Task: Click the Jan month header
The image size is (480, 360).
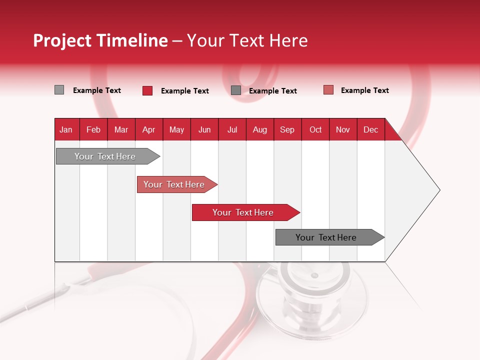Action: [x=66, y=129]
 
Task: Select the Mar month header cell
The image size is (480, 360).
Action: [x=121, y=129]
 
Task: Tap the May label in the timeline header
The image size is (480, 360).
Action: [x=176, y=129]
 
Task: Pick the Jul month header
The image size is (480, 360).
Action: [x=232, y=129]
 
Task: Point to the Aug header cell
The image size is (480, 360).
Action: [x=259, y=129]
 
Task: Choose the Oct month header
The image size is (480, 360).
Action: [x=315, y=129]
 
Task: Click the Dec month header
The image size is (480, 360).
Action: [x=370, y=129]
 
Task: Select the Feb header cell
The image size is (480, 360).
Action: [x=93, y=129]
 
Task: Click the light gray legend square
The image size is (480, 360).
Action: [x=59, y=90]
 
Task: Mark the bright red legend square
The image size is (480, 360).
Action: [x=147, y=90]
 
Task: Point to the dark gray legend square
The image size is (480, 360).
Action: [x=236, y=90]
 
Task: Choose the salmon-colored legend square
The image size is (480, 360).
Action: [x=328, y=90]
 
